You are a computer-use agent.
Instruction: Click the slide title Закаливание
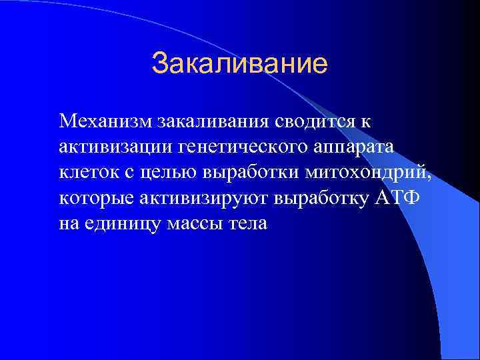pos(239,64)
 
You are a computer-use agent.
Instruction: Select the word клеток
pos(85,172)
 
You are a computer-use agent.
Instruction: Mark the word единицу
pos(119,223)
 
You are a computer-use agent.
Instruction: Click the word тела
pos(247,223)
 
